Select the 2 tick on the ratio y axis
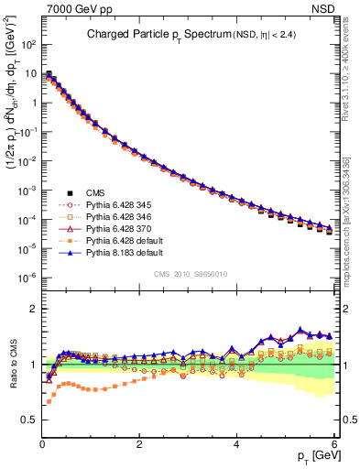33,308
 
